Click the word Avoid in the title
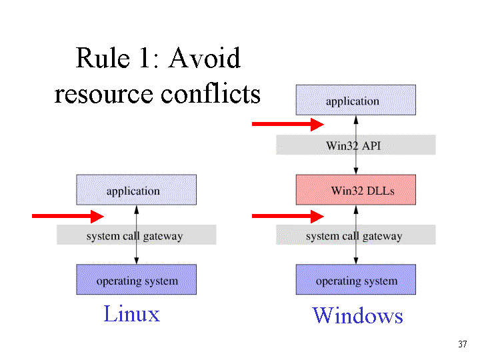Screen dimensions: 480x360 (205, 58)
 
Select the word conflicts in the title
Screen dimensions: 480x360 (211, 93)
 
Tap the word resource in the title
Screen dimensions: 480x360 (103, 95)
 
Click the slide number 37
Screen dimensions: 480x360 (463, 344)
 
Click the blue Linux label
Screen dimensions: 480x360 (132, 314)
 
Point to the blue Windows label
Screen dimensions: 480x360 (357, 315)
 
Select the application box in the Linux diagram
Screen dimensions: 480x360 (137, 190)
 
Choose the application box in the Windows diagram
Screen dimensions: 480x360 (356, 100)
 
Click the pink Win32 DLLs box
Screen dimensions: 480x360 (356, 190)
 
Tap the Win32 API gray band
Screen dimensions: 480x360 (356, 145)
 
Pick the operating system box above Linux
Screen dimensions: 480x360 (137, 279)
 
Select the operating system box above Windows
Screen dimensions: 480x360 (356, 279)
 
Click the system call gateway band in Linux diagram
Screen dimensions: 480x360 (137, 235)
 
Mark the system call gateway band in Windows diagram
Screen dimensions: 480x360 (356, 235)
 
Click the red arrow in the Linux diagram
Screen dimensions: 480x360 (68, 217)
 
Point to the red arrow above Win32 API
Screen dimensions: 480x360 (288, 124)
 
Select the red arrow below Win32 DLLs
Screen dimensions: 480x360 (288, 217)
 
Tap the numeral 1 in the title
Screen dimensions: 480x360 (145, 58)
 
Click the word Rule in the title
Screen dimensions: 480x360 (103, 58)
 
